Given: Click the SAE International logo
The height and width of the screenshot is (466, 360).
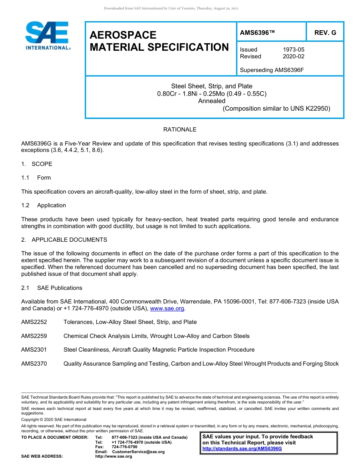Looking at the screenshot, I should (x=47, y=36).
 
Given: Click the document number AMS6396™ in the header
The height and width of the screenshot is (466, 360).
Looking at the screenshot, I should (x=257, y=33).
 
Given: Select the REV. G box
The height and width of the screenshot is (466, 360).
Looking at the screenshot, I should (x=325, y=33).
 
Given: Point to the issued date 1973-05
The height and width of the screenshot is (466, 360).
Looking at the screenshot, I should (x=293, y=50).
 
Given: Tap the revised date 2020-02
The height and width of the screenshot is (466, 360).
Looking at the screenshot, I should (x=293, y=56).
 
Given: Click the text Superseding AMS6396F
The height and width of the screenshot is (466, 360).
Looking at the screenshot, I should (x=272, y=70).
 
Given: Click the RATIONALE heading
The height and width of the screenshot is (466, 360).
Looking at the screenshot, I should (x=180, y=130).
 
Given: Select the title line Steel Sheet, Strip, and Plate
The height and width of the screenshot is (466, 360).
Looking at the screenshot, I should (x=211, y=86).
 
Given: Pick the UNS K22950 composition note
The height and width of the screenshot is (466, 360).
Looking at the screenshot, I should (x=276, y=108).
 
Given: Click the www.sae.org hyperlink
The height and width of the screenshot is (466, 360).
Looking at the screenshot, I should (x=167, y=309).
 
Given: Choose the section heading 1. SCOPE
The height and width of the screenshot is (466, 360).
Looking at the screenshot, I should (x=37, y=164).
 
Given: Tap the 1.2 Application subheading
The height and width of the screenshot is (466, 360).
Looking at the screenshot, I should (x=44, y=205).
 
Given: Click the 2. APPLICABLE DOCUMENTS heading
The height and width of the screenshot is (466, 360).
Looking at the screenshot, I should (x=64, y=240).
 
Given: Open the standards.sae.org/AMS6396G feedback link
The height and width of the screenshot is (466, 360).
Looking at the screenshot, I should (x=242, y=449).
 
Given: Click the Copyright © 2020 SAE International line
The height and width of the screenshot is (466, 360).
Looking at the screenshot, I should (x=54, y=419).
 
